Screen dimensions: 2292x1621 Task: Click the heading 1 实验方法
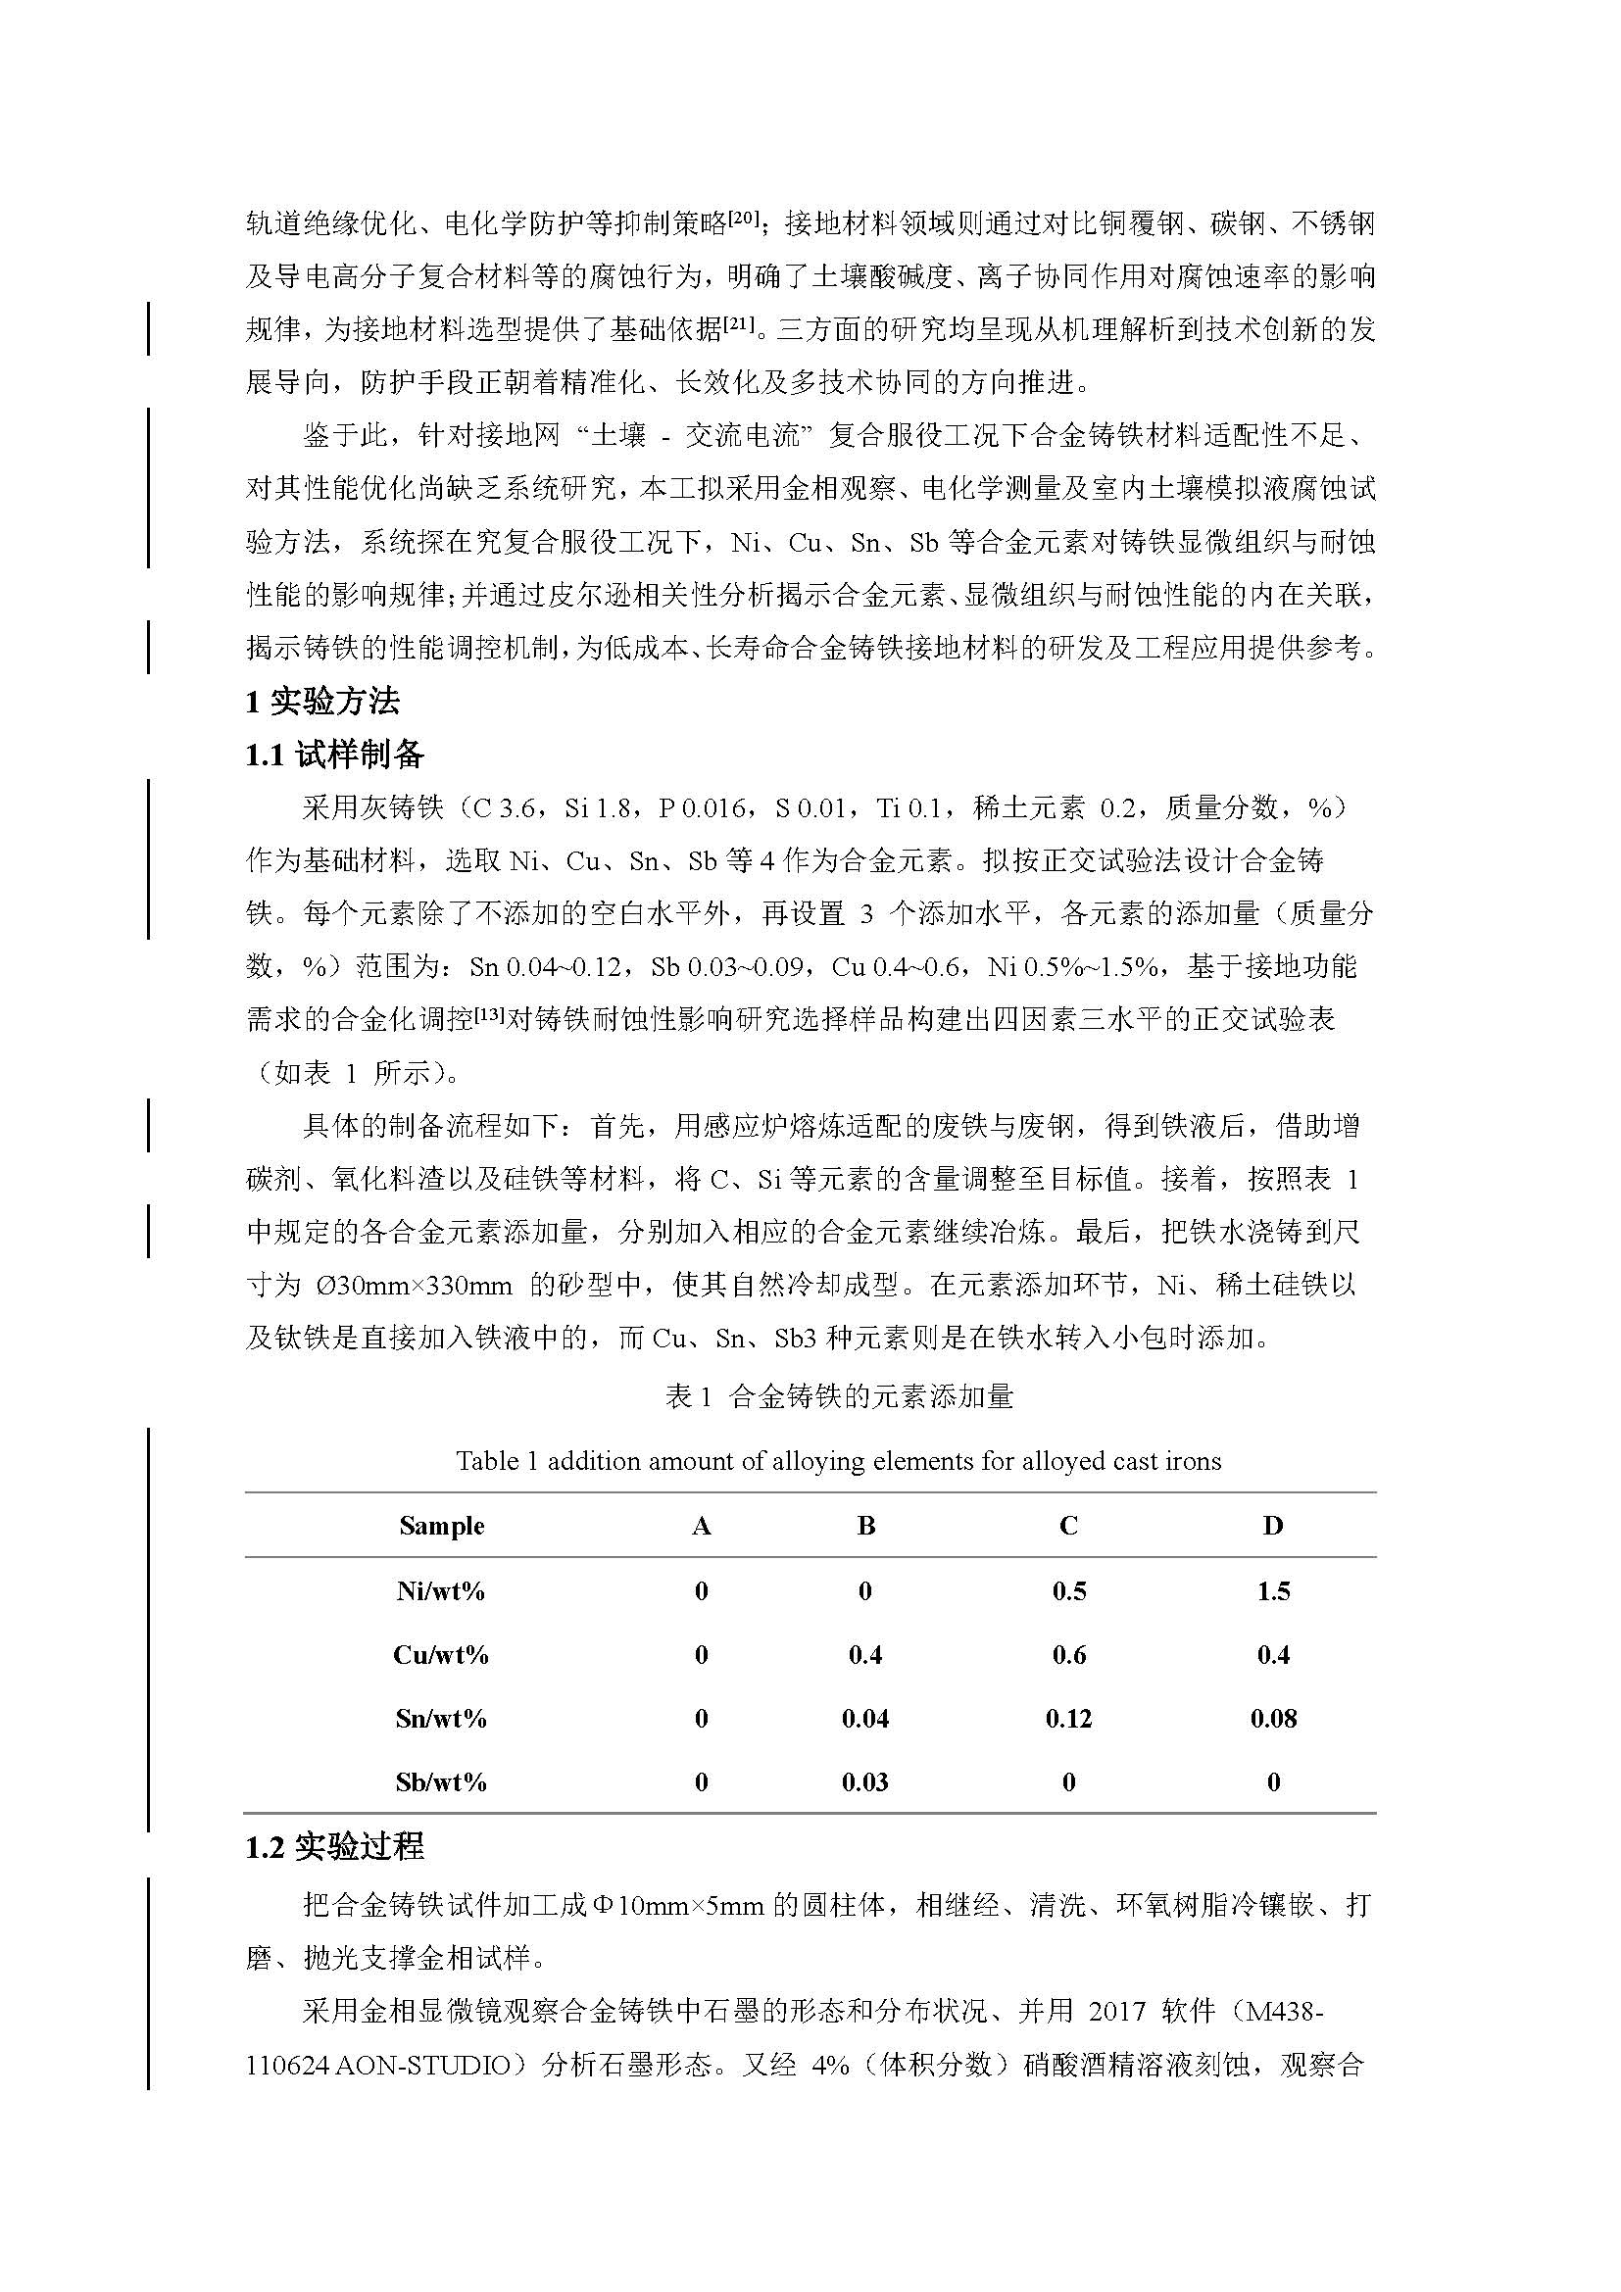[x=322, y=702]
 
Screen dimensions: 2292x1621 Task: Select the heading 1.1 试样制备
[x=334, y=755]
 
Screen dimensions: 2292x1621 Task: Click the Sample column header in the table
[x=441, y=1526]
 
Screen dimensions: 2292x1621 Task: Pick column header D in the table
[x=1273, y=1526]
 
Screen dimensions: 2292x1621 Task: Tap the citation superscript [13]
[x=489, y=1013]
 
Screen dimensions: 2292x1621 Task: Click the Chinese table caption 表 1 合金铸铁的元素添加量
[x=840, y=1396]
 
